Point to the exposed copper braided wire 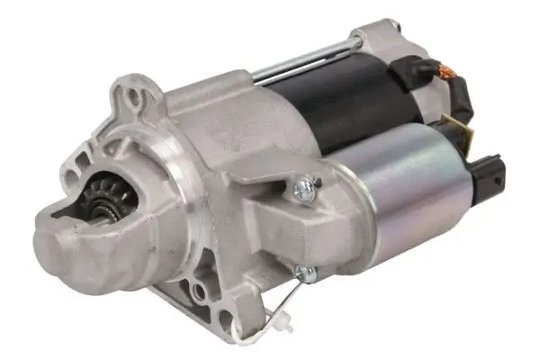pos(444,70)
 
